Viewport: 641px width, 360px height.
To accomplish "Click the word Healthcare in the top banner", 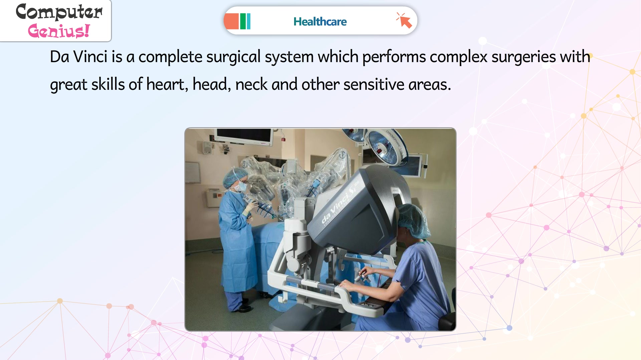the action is pos(320,22).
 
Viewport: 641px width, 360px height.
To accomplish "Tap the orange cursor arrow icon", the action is pos(404,20).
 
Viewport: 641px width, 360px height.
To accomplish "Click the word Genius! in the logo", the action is pos(59,31).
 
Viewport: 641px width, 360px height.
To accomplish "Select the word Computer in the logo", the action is pos(59,12).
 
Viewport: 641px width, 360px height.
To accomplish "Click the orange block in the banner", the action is pos(231,21).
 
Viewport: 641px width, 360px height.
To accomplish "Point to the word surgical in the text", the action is pos(233,57).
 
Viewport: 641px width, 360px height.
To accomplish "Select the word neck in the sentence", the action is pos(251,84).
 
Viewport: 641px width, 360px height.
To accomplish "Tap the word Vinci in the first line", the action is pos(90,56).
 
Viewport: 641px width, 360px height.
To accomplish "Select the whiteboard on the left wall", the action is pos(193,172).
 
